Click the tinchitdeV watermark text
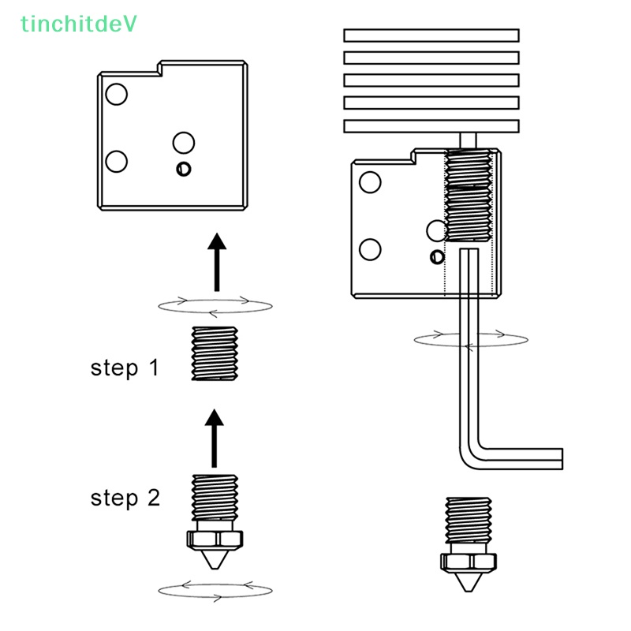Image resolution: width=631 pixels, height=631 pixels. (79, 24)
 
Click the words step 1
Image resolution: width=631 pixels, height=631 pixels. (125, 368)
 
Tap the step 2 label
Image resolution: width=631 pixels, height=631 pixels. (125, 498)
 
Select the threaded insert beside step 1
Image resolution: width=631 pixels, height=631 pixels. (215, 354)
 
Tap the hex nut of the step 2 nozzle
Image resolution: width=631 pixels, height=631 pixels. (215, 540)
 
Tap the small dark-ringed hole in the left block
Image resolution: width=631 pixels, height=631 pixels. (184, 169)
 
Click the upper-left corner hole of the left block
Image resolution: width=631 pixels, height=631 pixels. (116, 95)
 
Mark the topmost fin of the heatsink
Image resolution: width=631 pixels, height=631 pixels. (431, 35)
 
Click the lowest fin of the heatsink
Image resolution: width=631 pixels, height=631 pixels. (431, 125)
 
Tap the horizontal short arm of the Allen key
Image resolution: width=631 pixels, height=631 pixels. (521, 458)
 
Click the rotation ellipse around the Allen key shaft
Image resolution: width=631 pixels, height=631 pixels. (471, 339)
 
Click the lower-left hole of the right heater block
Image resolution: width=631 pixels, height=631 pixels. (370, 250)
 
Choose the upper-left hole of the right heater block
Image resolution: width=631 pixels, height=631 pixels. (370, 182)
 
